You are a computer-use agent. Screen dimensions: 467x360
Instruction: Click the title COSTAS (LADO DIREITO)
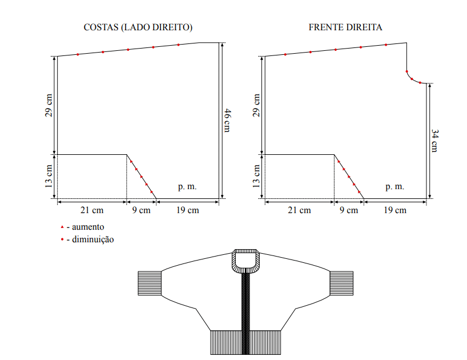(138, 27)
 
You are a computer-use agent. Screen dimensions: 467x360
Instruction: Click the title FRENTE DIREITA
(345, 27)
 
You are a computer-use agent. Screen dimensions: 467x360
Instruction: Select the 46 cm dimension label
(227, 121)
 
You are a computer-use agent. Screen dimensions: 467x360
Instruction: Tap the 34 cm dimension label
(434, 141)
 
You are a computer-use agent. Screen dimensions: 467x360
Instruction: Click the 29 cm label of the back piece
(49, 106)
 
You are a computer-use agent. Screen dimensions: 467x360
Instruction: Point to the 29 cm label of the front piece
(256, 106)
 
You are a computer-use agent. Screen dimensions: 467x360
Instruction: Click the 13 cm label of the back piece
(49, 177)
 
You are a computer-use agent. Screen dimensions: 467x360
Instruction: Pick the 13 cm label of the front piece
(256, 177)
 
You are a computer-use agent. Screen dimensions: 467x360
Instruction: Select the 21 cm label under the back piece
(92, 210)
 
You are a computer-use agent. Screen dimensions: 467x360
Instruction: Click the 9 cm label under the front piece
(349, 210)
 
